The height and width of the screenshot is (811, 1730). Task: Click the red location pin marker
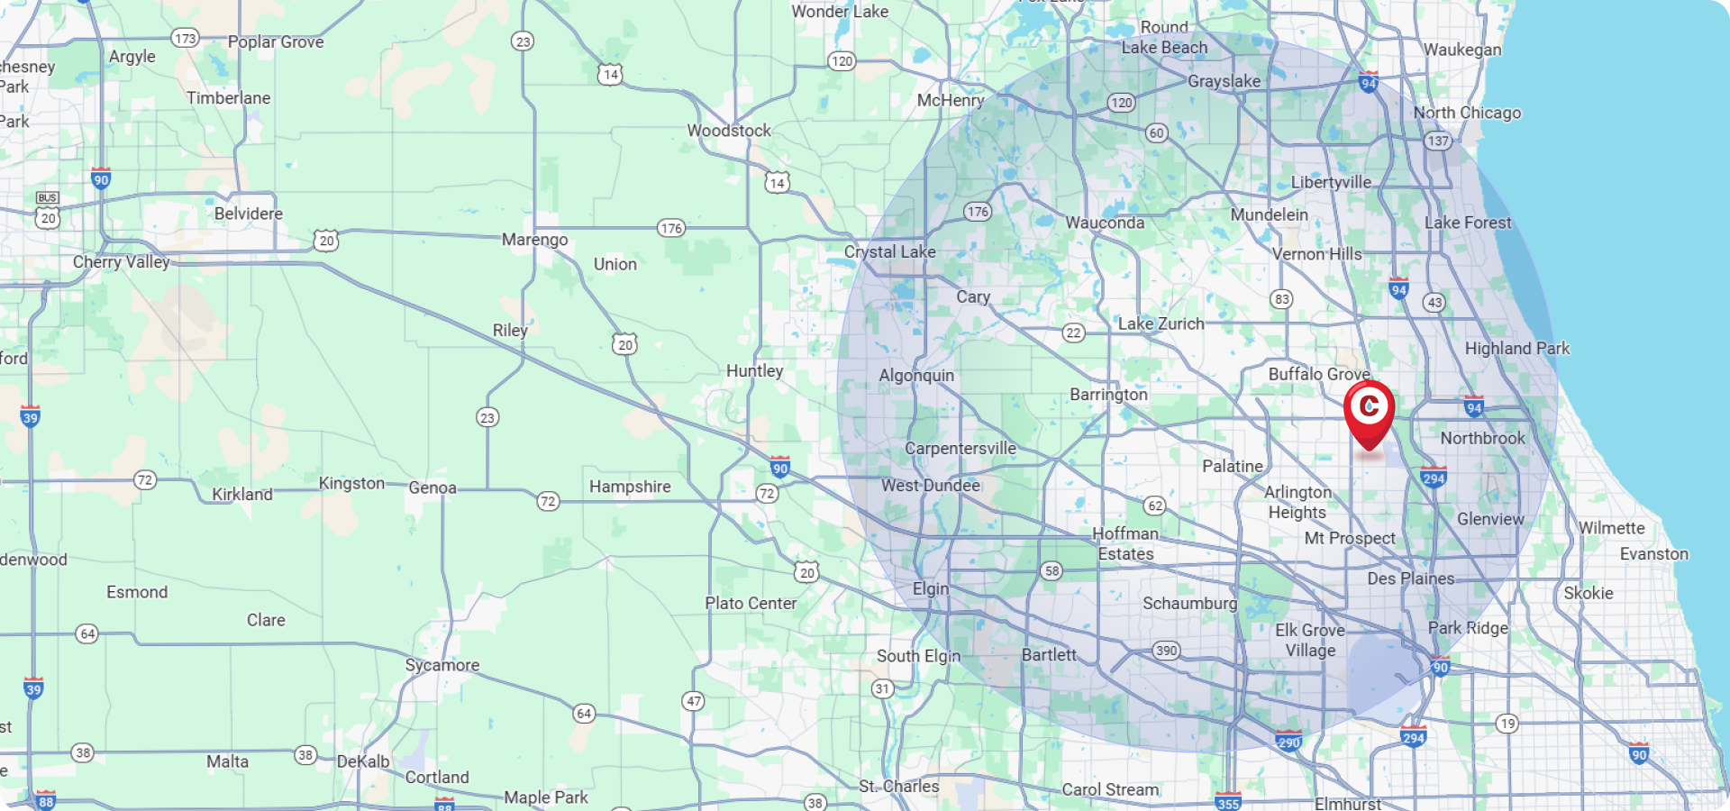click(1369, 411)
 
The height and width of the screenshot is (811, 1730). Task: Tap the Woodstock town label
click(729, 131)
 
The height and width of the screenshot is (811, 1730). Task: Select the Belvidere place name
click(249, 214)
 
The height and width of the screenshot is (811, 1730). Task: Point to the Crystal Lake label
click(889, 252)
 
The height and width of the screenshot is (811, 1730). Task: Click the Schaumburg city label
click(1189, 603)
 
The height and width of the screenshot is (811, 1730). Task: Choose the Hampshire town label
click(630, 487)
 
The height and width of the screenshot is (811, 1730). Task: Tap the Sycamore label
click(442, 665)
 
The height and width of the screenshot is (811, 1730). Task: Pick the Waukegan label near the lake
click(1462, 50)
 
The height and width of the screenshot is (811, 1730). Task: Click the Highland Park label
click(1516, 349)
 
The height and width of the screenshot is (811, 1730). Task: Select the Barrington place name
click(1108, 395)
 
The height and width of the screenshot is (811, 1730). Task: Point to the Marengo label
click(534, 240)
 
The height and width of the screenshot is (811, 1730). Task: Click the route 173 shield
click(185, 38)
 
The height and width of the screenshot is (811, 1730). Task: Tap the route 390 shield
click(1166, 651)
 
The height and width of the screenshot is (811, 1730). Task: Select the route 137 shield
click(1438, 141)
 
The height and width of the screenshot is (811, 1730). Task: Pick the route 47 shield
click(693, 701)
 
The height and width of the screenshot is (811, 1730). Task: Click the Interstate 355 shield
click(1228, 802)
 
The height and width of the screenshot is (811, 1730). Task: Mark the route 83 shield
click(1281, 299)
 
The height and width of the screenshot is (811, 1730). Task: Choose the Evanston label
click(1653, 554)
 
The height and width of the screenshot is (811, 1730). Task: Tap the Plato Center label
click(751, 604)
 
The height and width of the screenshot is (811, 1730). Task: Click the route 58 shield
click(1052, 571)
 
